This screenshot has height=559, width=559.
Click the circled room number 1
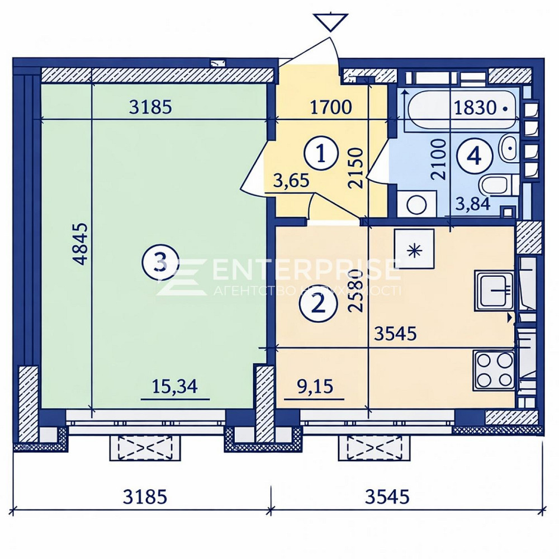point(320,153)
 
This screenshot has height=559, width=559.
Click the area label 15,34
point(175,387)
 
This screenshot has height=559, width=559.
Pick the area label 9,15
point(314,387)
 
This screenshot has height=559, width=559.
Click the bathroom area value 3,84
point(473,203)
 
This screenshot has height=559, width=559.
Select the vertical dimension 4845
point(81,244)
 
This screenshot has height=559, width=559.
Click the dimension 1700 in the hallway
point(331,107)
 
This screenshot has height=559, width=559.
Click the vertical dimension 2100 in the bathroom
point(440,159)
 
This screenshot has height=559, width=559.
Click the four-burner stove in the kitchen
point(494,369)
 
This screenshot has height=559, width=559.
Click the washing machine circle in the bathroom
point(416,205)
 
